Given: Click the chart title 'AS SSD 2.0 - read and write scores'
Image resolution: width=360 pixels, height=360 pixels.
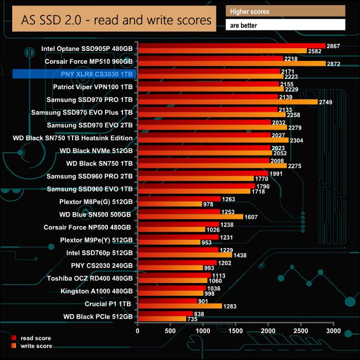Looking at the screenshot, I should tap(116, 20).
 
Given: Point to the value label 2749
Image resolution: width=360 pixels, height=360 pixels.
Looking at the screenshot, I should tap(325, 102).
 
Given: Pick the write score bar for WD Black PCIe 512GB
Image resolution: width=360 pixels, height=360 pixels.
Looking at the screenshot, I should tap(162, 319).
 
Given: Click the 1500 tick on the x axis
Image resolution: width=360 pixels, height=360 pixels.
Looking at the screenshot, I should tap(235, 331).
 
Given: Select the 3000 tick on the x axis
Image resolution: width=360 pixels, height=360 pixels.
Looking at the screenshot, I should tap(333, 331).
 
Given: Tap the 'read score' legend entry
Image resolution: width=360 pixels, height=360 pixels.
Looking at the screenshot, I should tap(34, 337).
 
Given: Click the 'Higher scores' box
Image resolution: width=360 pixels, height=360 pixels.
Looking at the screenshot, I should tap(285, 11).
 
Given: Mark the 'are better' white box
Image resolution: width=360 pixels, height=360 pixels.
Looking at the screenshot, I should tap(285, 25).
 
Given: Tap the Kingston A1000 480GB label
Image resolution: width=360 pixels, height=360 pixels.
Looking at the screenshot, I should tap(96, 291).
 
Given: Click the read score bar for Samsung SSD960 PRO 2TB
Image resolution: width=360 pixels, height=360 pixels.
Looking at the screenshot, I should tap(202, 173).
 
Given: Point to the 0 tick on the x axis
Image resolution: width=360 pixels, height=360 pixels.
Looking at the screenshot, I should tap(137, 331).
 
